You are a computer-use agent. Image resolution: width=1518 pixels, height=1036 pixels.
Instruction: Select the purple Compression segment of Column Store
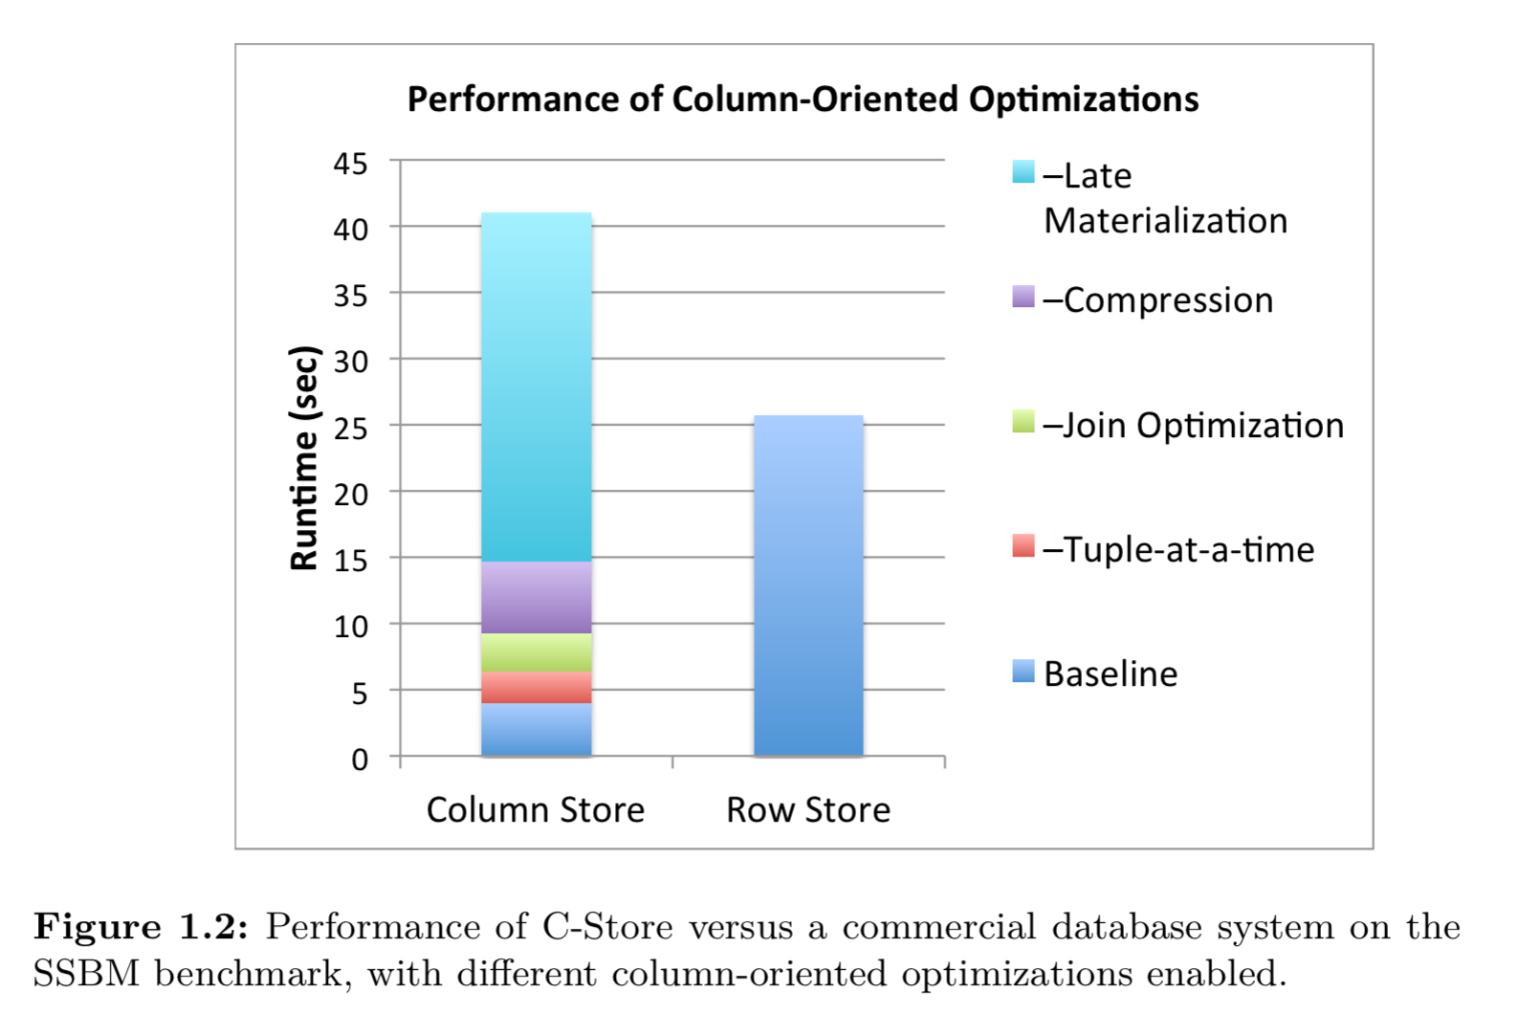(536, 597)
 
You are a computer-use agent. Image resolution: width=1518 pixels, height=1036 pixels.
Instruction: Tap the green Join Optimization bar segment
(536, 652)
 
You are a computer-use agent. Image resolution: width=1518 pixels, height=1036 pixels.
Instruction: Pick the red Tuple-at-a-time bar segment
(536, 687)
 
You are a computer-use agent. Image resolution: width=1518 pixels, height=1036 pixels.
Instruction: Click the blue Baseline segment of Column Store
(536, 729)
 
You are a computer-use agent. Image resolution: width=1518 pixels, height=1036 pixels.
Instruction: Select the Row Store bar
(808, 585)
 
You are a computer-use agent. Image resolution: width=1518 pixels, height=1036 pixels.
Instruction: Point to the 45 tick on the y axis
(350, 165)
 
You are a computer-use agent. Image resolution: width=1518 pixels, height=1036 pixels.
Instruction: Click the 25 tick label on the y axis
(350, 429)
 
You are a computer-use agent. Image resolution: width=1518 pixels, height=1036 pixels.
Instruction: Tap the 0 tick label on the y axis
(360, 760)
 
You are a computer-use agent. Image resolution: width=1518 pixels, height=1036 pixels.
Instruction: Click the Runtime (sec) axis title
(304, 457)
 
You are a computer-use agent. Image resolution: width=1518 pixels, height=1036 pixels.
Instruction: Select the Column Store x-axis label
(535, 810)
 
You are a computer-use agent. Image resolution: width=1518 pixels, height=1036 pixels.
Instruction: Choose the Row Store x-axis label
(808, 810)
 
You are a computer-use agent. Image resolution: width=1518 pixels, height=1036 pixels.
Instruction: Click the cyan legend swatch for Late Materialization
(1023, 172)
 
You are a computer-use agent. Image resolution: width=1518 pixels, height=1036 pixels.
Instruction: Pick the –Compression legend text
(1157, 300)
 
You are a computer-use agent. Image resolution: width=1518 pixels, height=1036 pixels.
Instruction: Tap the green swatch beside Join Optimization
(1023, 421)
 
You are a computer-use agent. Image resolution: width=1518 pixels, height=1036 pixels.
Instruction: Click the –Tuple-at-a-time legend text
(1178, 550)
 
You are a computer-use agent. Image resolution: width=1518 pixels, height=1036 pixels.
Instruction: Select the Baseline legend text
(1111, 674)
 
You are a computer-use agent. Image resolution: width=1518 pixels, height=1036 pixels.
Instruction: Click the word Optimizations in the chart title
(1083, 99)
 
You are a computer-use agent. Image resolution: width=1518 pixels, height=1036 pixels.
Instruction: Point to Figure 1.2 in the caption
(141, 927)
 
